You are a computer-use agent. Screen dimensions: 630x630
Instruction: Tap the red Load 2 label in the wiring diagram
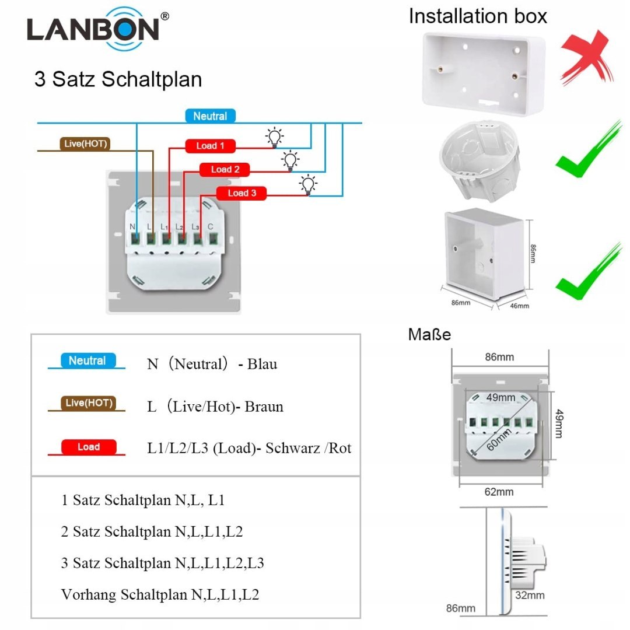point(225,170)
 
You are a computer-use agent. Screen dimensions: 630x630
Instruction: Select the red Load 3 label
point(242,193)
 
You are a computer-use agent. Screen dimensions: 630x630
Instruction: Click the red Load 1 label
point(210,146)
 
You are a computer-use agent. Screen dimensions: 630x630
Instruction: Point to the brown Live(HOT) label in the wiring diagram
point(85,143)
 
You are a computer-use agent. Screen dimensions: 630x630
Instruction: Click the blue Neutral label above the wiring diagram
point(210,116)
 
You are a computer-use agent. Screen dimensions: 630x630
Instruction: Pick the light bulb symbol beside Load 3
point(308,184)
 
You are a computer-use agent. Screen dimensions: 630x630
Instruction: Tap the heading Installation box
point(478,16)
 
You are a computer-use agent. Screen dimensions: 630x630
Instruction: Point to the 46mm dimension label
point(520,306)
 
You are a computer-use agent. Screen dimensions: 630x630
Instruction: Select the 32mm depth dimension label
point(530,595)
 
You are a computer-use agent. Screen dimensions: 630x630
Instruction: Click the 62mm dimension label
point(499,492)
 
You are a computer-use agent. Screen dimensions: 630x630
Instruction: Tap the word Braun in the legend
point(264,406)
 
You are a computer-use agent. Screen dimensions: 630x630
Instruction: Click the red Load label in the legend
point(89,447)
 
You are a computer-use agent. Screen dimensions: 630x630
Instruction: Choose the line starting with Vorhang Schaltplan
point(160,594)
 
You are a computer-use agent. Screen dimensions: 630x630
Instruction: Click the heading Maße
point(429,335)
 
